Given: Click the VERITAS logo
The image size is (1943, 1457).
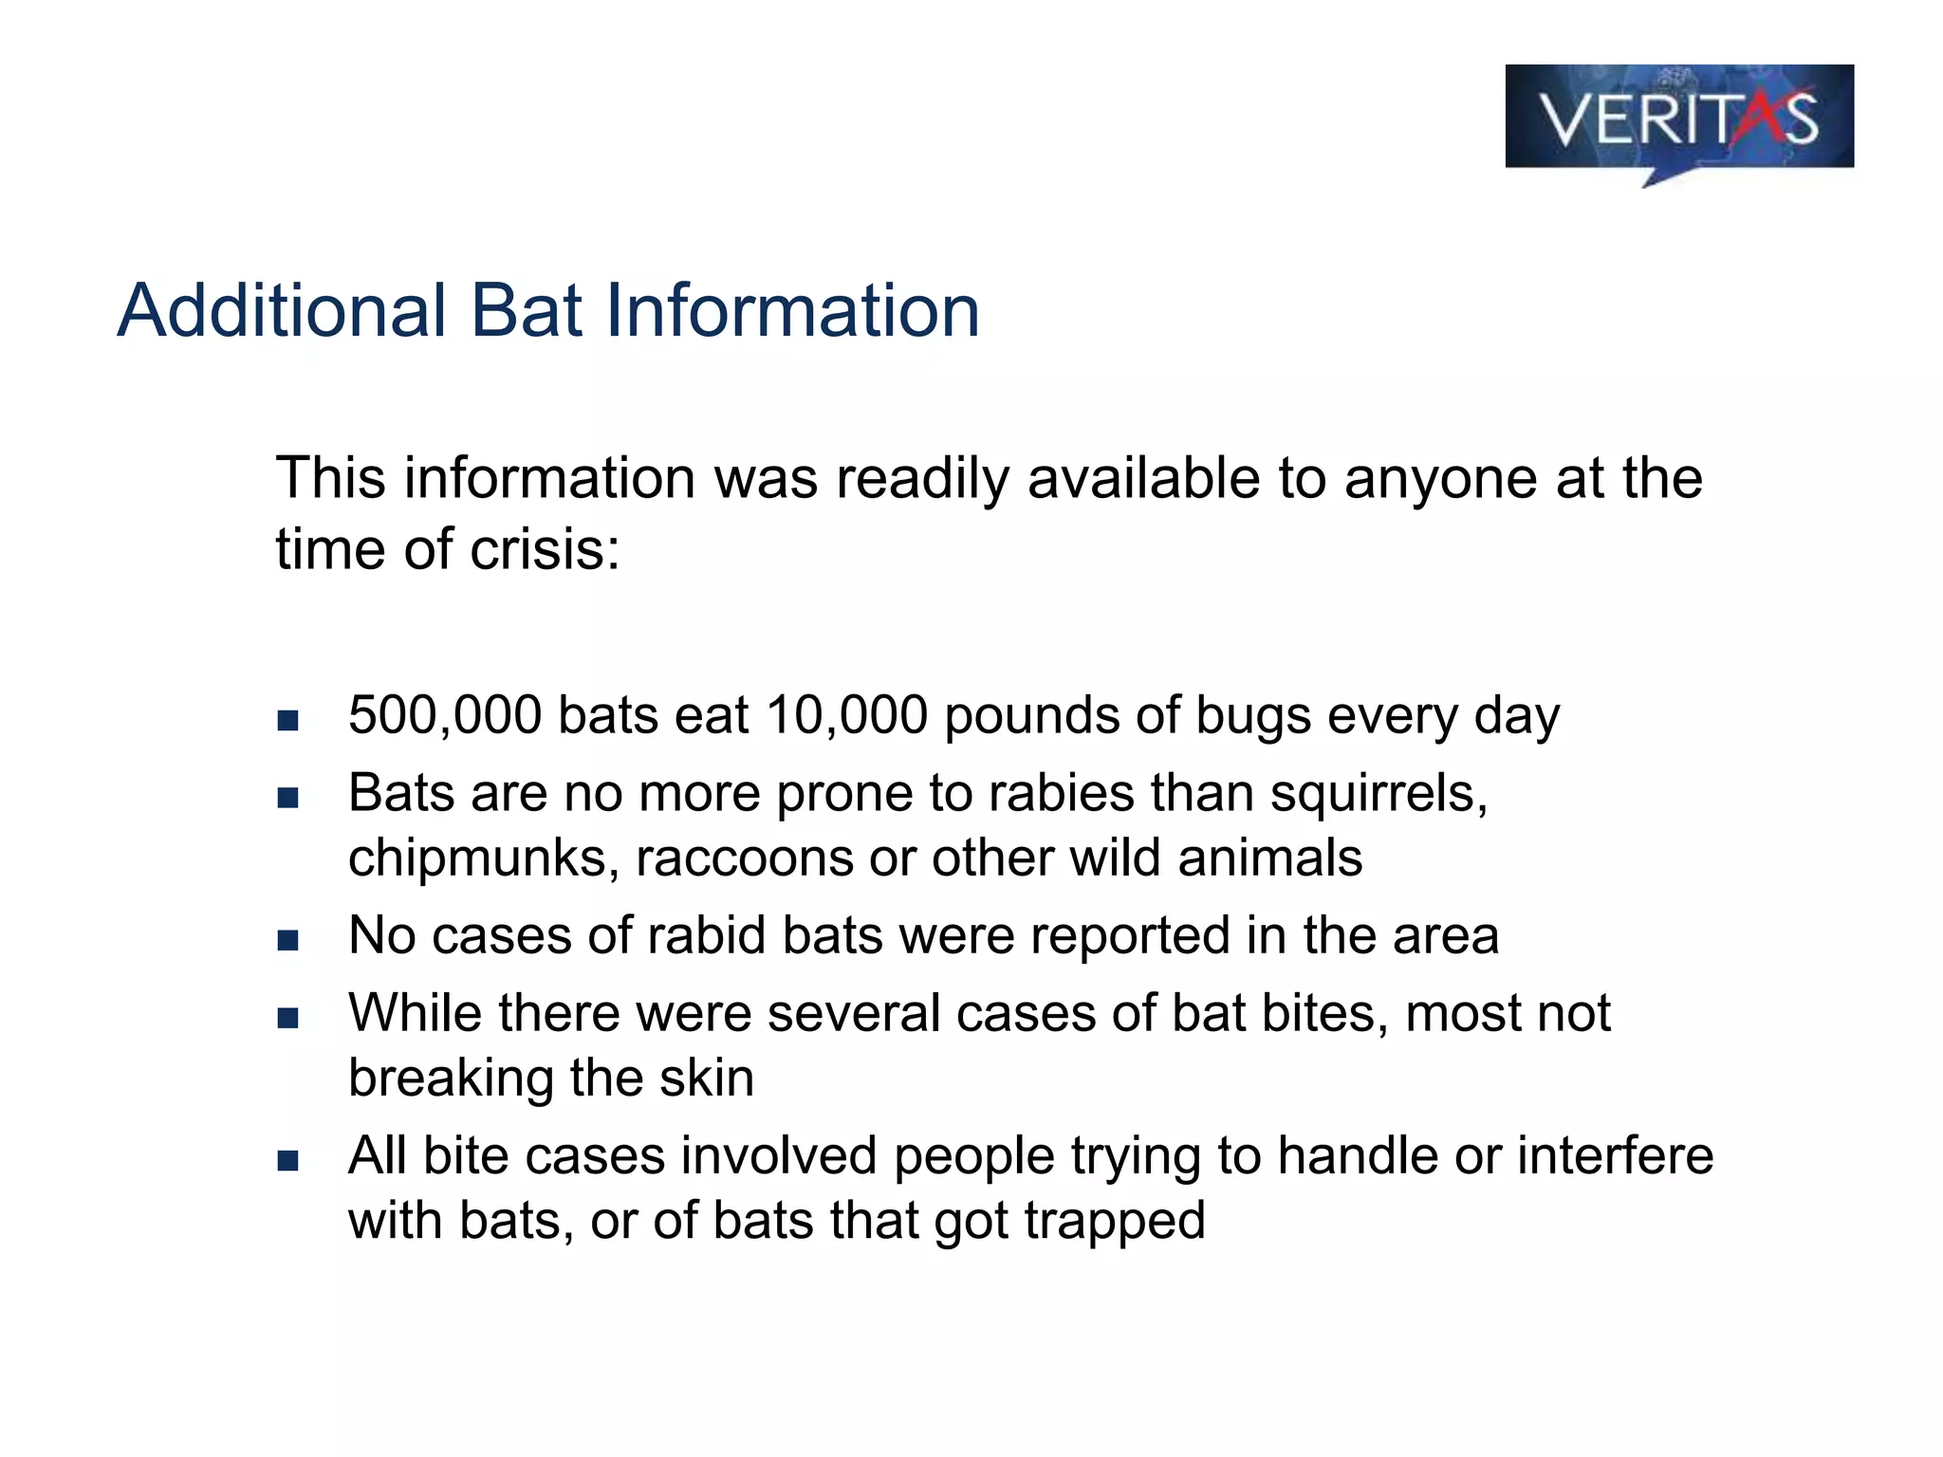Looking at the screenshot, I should pyautogui.click(x=1678, y=119).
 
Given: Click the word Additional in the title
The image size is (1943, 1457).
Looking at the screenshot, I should pyautogui.click(x=282, y=310).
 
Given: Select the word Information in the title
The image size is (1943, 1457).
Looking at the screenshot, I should pyautogui.click(x=792, y=310).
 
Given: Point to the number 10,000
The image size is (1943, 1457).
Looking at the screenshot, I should pyautogui.click(x=846, y=715).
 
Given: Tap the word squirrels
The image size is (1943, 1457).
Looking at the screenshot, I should pyautogui.click(x=1379, y=793).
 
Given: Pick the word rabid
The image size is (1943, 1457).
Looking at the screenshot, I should pyautogui.click(x=706, y=936).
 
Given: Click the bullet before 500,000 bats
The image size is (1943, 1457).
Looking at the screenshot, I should pyautogui.click(x=288, y=720).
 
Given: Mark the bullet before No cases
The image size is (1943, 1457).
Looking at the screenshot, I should pyautogui.click(x=288, y=941).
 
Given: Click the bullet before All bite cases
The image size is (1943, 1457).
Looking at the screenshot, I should pyautogui.click(x=288, y=1161).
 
